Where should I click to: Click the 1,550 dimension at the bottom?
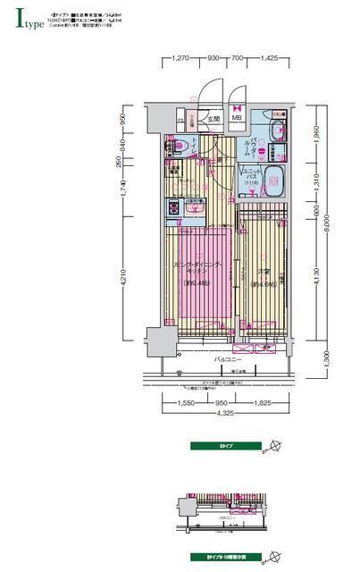click(186, 403)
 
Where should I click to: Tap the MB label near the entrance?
click(238, 117)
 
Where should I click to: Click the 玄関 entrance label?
click(214, 117)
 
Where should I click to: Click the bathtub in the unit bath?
click(275, 182)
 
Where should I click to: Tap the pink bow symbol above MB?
click(238, 101)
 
